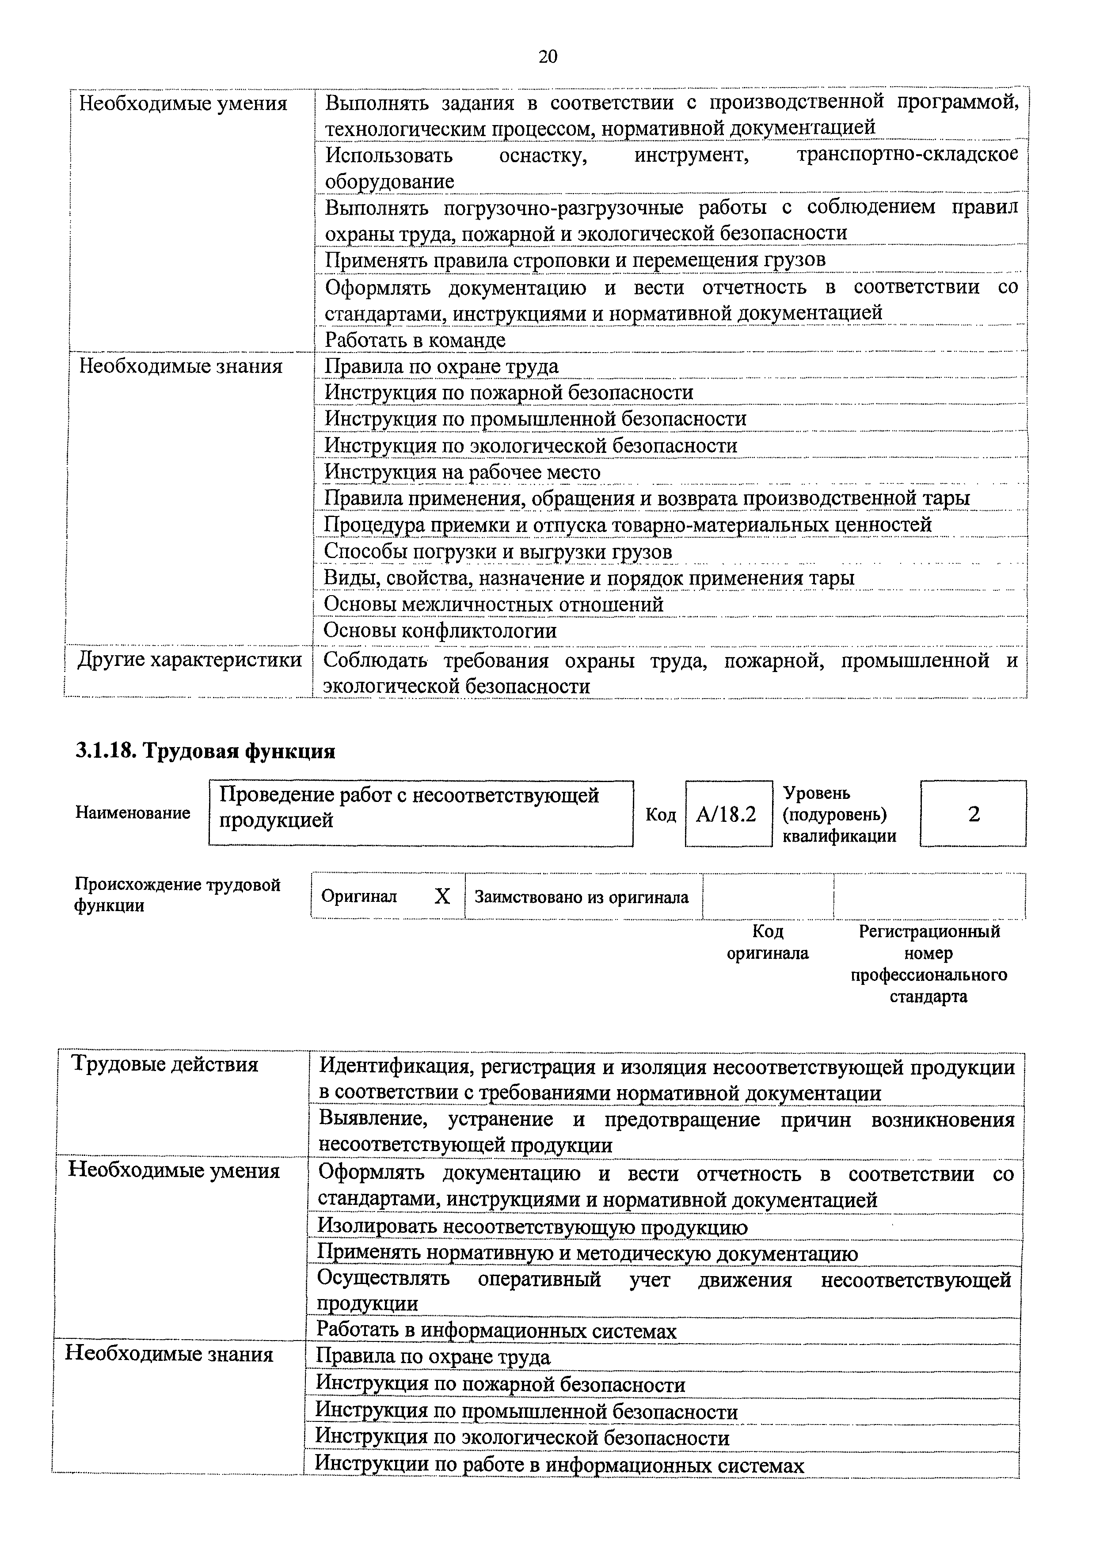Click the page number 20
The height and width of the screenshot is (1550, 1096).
pos(548,57)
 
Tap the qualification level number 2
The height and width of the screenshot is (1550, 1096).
pos(973,814)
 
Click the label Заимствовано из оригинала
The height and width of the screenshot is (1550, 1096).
pos(582,897)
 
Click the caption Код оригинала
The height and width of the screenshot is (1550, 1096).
pos(767,942)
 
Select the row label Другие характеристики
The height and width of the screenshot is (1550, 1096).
pos(190,660)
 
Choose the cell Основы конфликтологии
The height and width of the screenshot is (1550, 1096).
pos(440,631)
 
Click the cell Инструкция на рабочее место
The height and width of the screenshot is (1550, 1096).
pos(463,472)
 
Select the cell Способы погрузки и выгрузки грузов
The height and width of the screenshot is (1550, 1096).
pos(498,551)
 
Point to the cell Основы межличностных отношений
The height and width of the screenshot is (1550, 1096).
pos(493,604)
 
